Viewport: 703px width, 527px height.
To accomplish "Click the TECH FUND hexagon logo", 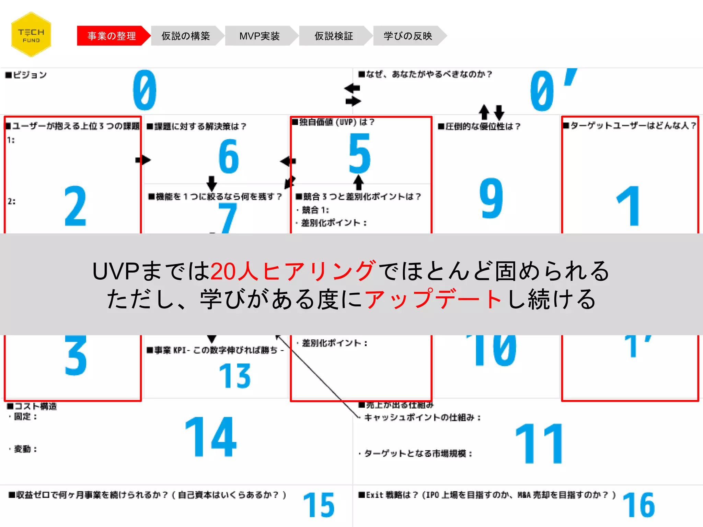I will click(31, 35).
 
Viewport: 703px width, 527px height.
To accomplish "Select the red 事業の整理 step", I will click(112, 36).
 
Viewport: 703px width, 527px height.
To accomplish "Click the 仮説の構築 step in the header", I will click(186, 36).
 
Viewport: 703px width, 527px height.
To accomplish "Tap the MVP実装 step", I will click(260, 36).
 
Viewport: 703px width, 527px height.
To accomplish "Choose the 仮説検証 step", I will click(334, 36).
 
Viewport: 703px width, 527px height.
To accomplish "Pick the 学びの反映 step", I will click(408, 36).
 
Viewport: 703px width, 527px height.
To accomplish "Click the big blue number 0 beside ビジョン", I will click(145, 90).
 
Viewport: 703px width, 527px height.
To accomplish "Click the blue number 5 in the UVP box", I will click(359, 153).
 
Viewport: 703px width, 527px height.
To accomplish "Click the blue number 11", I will click(540, 444).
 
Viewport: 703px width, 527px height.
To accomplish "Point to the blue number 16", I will click(638, 505).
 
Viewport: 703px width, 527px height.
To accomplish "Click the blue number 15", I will click(319, 505).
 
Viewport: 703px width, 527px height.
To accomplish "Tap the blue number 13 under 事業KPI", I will click(235, 376).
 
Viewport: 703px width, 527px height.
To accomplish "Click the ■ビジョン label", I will click(26, 75).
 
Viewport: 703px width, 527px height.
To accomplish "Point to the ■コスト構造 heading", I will click(32, 406).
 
